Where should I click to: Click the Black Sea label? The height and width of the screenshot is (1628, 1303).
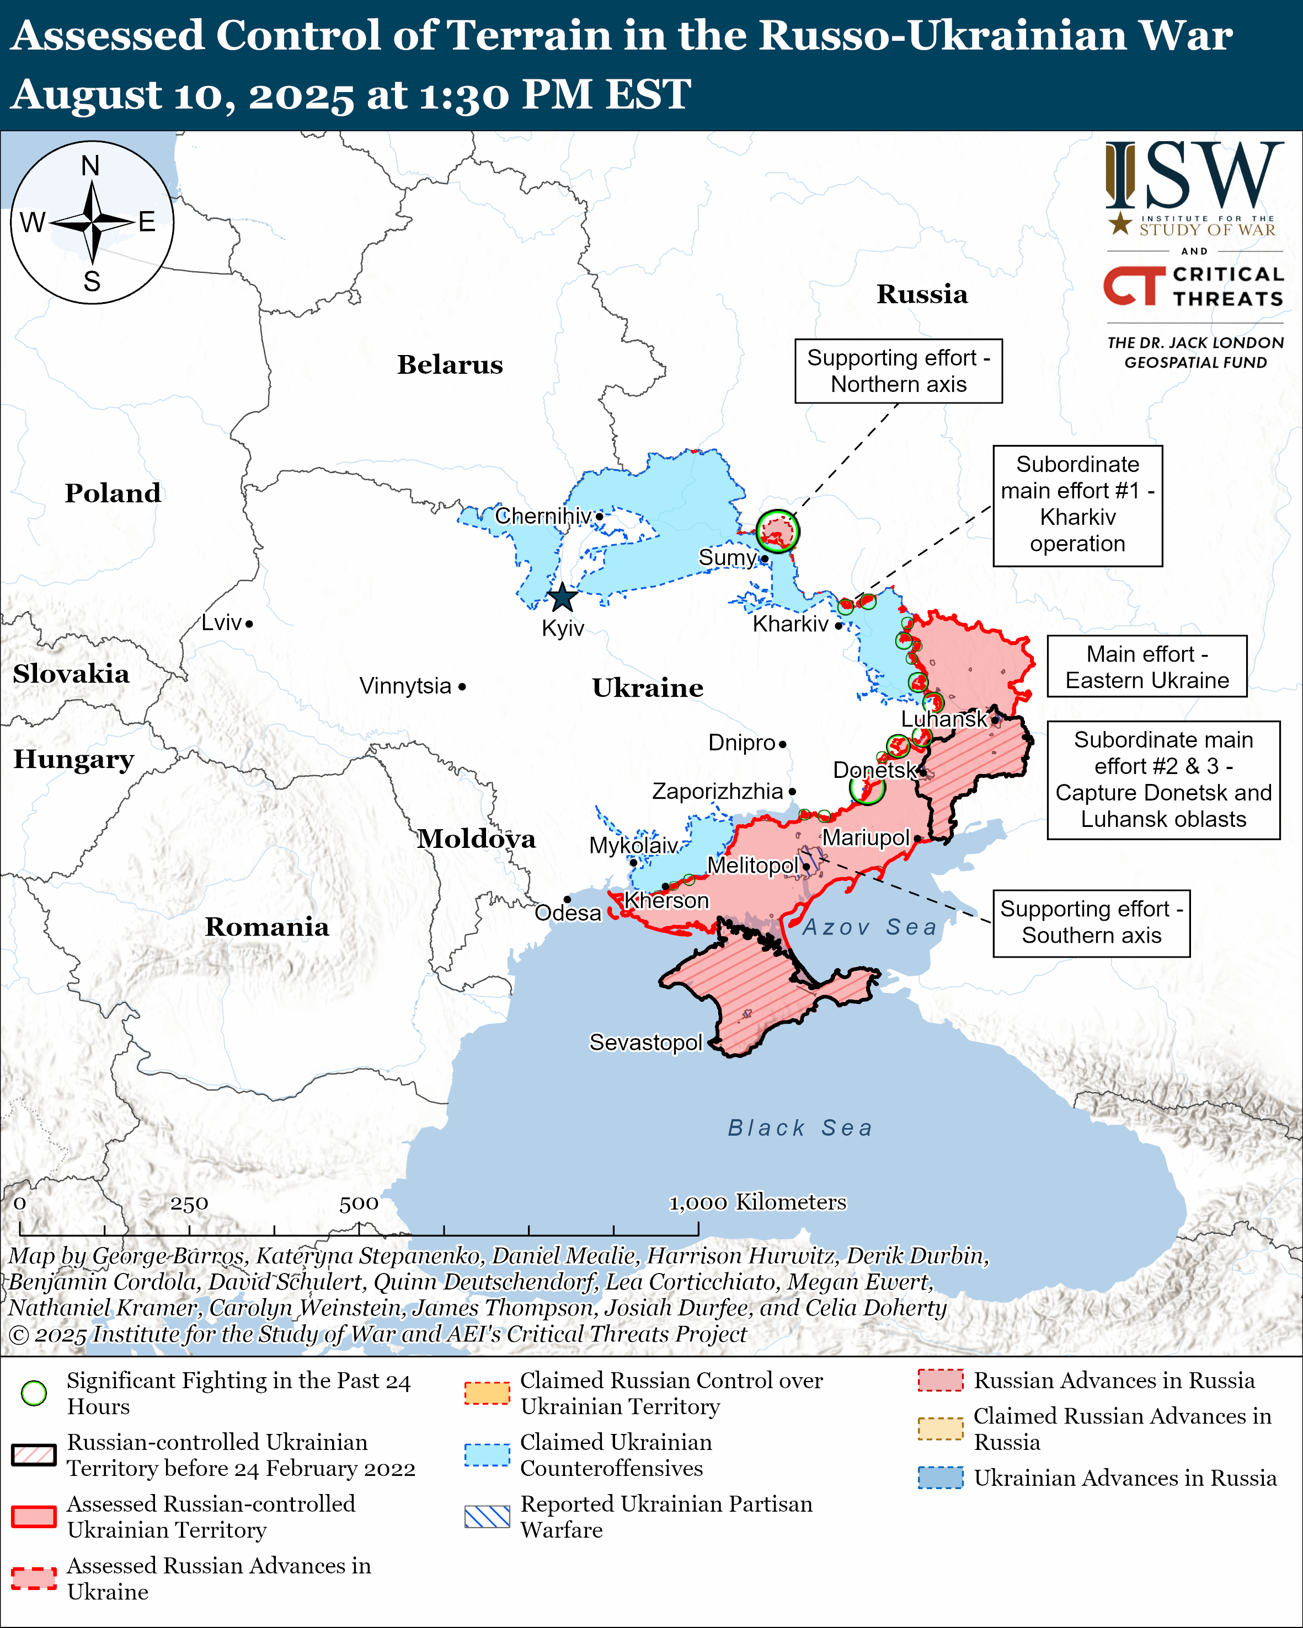(x=800, y=1127)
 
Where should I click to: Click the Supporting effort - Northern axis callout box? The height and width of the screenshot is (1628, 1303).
(x=898, y=371)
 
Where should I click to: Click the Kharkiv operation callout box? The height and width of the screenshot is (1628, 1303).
(x=1077, y=504)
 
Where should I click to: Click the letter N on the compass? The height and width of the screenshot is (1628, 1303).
(x=90, y=166)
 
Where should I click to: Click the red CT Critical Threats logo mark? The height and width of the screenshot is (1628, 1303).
(x=1134, y=286)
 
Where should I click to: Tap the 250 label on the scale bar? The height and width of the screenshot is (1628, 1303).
(x=189, y=1203)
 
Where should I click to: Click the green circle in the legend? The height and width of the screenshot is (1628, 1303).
(x=34, y=1393)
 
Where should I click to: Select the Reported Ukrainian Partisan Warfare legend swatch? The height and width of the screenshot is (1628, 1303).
(x=487, y=1516)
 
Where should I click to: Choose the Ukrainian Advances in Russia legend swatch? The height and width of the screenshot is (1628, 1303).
(x=941, y=1477)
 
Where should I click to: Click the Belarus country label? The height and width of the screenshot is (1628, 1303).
(x=450, y=365)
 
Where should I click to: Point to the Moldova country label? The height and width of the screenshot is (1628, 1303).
(x=477, y=839)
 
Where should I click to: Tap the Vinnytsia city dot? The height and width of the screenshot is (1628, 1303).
(x=462, y=686)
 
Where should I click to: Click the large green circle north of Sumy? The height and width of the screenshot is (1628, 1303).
(x=777, y=531)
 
